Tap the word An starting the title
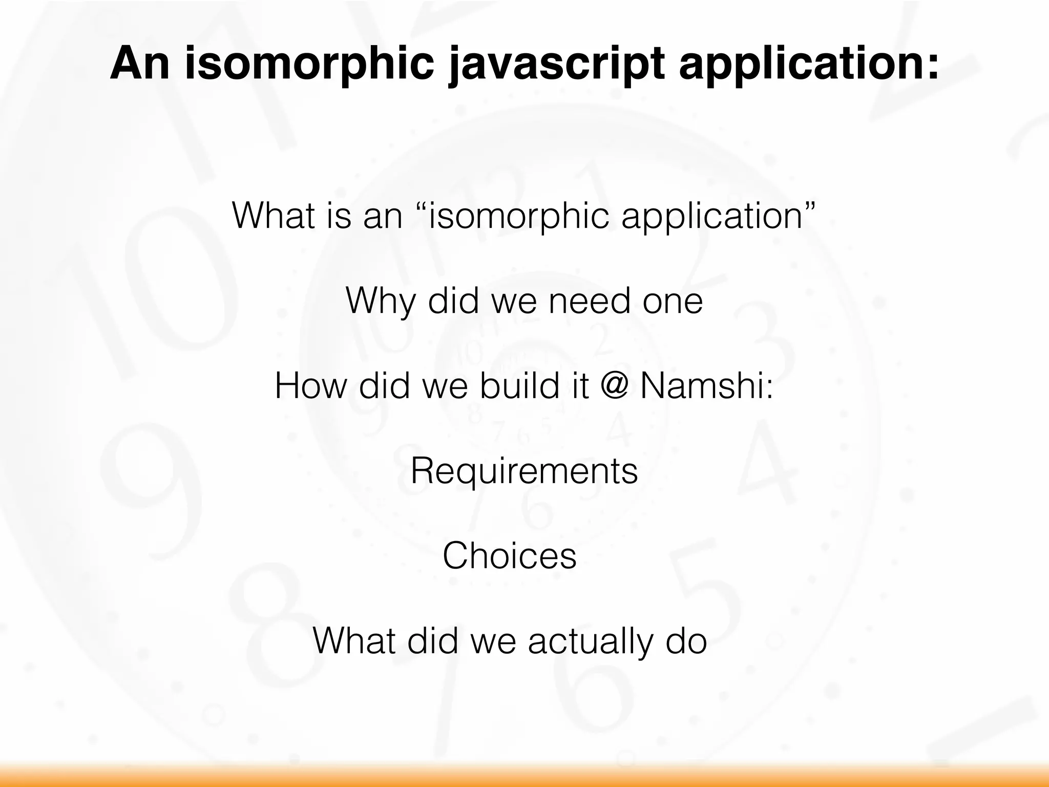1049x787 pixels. pyautogui.click(x=139, y=64)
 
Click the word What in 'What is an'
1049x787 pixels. pyautogui.click(x=274, y=216)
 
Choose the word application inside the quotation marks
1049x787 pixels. pyautogui.click(x=712, y=216)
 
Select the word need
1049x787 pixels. pyautogui.click(x=589, y=301)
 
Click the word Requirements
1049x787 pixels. pyautogui.click(x=524, y=471)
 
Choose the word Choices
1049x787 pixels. pyautogui.click(x=510, y=556)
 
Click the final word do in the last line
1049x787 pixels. pyautogui.click(x=686, y=641)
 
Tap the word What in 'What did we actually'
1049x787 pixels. pyautogui.click(x=354, y=641)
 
